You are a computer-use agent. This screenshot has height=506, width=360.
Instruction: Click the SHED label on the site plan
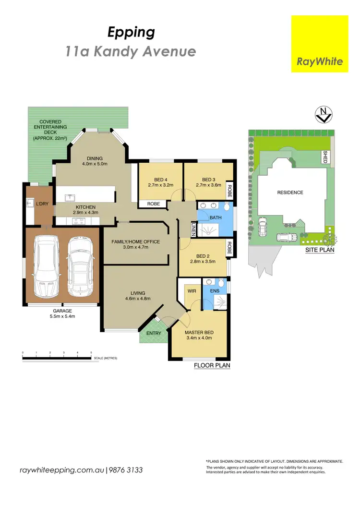point(324,157)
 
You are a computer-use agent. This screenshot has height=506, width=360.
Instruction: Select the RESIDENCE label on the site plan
point(290,193)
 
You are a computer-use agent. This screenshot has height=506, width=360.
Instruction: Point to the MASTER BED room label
point(199,333)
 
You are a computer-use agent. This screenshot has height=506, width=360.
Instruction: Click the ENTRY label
point(154,333)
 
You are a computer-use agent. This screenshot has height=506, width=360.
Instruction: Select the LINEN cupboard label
point(193,229)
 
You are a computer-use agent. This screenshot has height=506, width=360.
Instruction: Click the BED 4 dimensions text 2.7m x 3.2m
point(160,184)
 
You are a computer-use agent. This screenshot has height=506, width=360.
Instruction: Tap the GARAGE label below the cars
point(62,311)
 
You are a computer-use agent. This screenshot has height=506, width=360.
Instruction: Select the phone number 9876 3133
point(126,470)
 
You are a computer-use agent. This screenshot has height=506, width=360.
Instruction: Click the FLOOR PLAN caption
point(212,365)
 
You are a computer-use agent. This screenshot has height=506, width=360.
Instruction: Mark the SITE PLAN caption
point(320,250)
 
